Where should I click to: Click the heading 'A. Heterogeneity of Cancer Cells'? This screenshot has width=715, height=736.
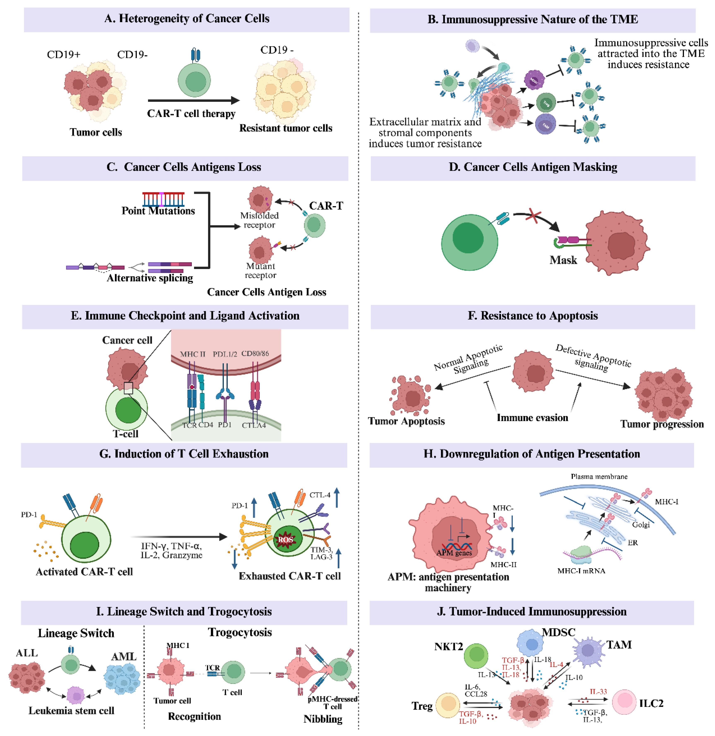[x=187, y=18]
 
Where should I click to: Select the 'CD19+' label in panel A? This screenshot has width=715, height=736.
[x=64, y=55]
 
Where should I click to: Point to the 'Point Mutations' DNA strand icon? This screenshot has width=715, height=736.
[x=163, y=199]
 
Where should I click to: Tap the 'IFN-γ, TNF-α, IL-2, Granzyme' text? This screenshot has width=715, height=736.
[x=172, y=550]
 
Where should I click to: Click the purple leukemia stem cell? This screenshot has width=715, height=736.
[x=76, y=696]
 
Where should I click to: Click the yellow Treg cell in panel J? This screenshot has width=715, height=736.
[x=448, y=705]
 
